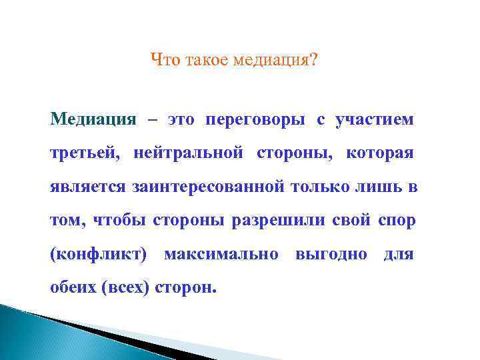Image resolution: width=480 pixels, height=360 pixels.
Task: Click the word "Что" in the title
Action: tap(164, 61)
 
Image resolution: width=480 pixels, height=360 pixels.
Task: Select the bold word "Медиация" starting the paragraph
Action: tap(93, 120)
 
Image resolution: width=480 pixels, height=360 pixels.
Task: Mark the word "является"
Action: tap(87, 187)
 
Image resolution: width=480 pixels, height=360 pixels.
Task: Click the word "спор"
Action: tap(397, 221)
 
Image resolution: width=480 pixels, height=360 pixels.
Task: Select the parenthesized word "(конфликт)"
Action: tap(99, 254)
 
